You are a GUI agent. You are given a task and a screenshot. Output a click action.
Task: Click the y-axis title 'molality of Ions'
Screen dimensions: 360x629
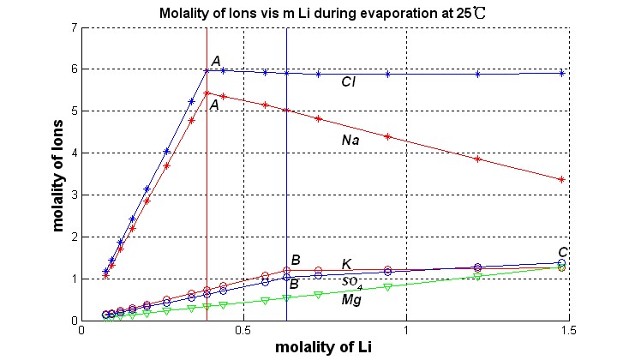click(58, 174)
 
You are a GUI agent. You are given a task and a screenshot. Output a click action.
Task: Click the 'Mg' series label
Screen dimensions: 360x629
click(350, 300)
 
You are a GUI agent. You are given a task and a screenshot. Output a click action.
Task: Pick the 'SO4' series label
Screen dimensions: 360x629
click(352, 282)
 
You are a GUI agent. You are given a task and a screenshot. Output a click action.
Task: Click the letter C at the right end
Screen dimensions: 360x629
click(563, 251)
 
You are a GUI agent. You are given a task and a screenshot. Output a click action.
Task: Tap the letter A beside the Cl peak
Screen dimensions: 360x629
click(216, 60)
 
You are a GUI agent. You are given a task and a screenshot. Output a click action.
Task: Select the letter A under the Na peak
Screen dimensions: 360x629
click(216, 104)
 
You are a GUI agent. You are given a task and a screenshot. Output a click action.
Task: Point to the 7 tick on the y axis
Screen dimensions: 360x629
click(75, 28)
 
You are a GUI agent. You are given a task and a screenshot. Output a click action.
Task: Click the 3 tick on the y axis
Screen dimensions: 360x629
click(75, 195)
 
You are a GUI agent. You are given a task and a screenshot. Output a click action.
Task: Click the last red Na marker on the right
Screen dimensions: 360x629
click(561, 179)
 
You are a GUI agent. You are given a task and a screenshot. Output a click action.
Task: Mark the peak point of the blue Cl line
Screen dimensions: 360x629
click(207, 69)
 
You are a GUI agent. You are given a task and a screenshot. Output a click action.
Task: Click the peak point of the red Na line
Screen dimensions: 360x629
click(207, 93)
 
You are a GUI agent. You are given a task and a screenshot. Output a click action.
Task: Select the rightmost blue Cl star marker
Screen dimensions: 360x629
click(561, 74)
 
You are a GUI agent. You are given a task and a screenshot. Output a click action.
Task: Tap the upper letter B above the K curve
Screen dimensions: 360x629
click(295, 260)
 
